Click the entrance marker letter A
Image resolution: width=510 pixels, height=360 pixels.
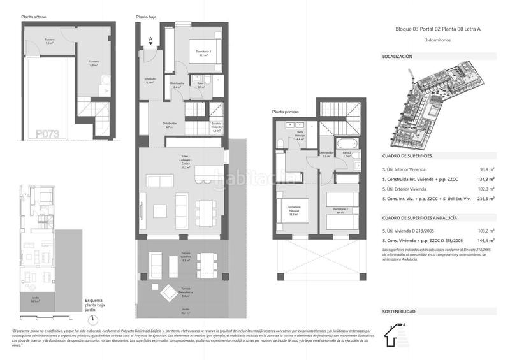tap(150, 38)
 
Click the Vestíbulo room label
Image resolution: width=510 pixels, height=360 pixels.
tap(150, 81)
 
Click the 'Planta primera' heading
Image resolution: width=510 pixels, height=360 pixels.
tap(284, 112)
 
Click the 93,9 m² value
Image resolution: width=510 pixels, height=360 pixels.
tap(486, 169)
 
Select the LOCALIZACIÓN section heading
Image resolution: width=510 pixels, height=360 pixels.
tap(397, 56)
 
